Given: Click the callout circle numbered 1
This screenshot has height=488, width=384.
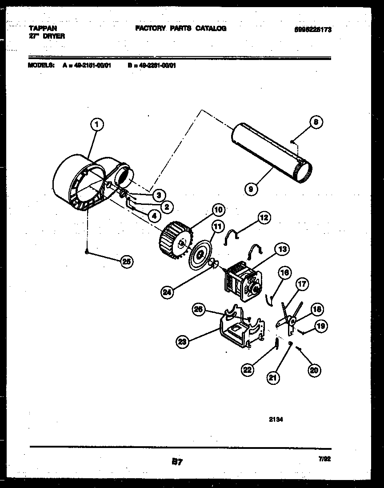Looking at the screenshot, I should [x=96, y=125].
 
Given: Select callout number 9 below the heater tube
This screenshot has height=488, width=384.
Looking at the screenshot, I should [x=251, y=189].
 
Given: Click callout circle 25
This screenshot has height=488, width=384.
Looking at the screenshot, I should [x=127, y=261].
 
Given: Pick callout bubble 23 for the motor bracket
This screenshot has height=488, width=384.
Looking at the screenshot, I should [x=182, y=342].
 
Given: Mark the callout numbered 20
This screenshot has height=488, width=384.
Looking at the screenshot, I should [x=314, y=370].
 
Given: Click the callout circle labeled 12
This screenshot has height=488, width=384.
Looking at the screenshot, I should [x=264, y=217].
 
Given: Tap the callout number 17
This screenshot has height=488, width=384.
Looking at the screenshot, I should [x=303, y=284].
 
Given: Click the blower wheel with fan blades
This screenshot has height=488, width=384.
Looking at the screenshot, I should [x=175, y=242].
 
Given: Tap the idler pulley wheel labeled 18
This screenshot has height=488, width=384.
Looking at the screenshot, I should [x=292, y=320].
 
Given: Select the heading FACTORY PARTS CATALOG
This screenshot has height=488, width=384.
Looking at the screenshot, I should [x=180, y=28].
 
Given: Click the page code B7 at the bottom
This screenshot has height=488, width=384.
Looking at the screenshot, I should [x=177, y=462].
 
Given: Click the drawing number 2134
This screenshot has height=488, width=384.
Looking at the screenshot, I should [x=276, y=419].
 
